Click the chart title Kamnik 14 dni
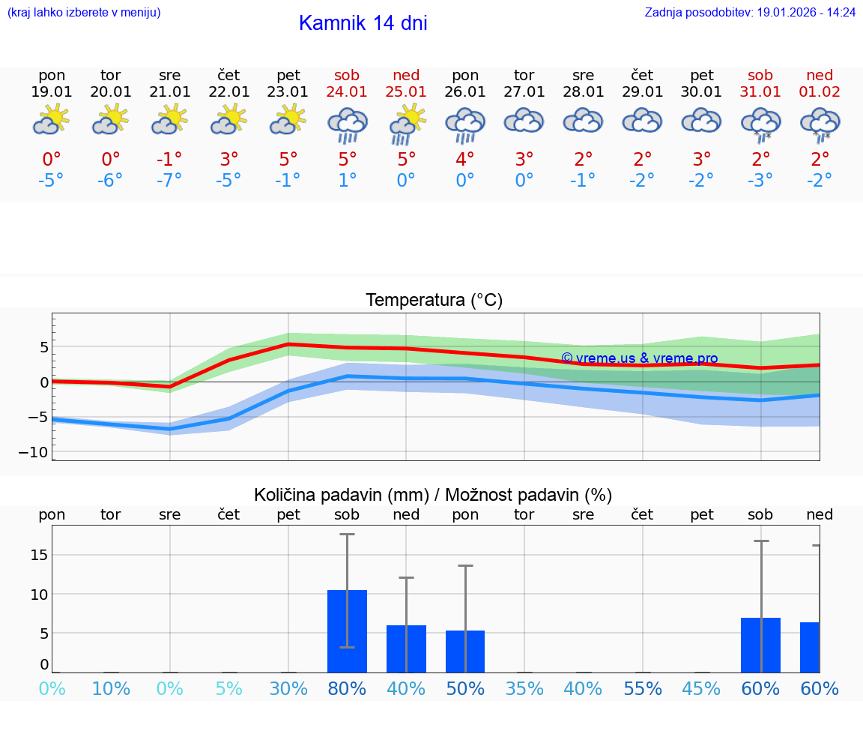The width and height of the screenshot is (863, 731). pyautogui.click(x=363, y=23)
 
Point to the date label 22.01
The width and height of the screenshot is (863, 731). pyautogui.click(x=228, y=91)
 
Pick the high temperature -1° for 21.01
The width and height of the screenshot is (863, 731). pyautogui.click(x=169, y=159)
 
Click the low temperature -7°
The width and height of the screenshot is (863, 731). pyautogui.click(x=169, y=181)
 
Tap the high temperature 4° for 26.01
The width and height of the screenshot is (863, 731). pyautogui.click(x=465, y=159)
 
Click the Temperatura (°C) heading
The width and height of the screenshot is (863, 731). pyautogui.click(x=434, y=301)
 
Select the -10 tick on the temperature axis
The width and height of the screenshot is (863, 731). pyautogui.click(x=38, y=452)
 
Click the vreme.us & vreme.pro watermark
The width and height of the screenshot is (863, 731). pyautogui.click(x=639, y=358)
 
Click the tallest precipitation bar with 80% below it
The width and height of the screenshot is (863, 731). pyautogui.click(x=347, y=631)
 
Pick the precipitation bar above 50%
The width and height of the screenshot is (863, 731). pyautogui.click(x=465, y=651)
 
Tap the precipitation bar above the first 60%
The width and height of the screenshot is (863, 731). pyautogui.click(x=760, y=645)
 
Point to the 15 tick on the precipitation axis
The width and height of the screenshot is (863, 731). pyautogui.click(x=39, y=555)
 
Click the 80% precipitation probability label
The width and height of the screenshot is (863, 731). pyautogui.click(x=347, y=688)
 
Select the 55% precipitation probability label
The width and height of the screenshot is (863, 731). pyautogui.click(x=642, y=688)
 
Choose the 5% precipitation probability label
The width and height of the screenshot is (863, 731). pyautogui.click(x=228, y=688)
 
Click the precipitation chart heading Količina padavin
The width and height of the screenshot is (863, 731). pyautogui.click(x=432, y=495)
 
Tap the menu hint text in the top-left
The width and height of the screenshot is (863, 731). pyautogui.click(x=84, y=13)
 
